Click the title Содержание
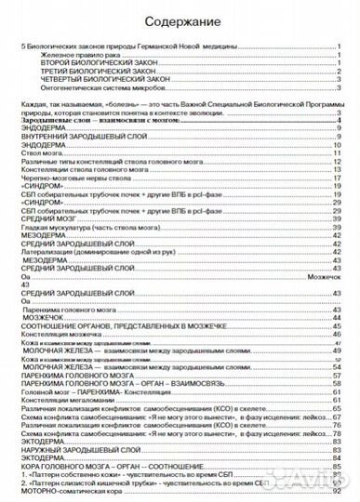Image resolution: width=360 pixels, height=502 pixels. pos(180,20)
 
